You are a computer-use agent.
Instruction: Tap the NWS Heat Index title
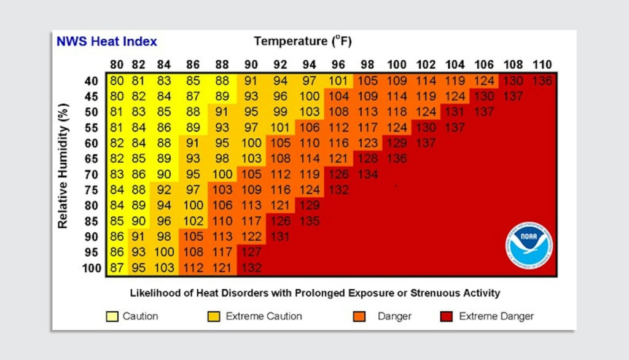(107, 42)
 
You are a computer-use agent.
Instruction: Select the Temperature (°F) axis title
(303, 42)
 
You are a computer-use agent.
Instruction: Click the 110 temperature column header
(542, 65)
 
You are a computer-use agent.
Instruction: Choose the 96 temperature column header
(338, 65)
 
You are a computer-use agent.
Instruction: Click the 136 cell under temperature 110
(542, 80)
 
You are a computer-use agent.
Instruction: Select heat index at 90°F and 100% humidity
(252, 268)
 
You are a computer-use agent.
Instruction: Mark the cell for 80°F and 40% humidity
(117, 80)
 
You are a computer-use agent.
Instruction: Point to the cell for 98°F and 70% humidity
(367, 174)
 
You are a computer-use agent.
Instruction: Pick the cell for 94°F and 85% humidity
(310, 221)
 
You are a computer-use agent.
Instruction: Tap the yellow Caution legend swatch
(112, 316)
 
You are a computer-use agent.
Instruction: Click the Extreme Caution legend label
(264, 316)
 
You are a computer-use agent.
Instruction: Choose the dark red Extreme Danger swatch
(447, 316)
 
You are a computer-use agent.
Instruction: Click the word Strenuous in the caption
(407, 293)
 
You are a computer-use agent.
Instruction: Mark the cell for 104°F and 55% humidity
(455, 128)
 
